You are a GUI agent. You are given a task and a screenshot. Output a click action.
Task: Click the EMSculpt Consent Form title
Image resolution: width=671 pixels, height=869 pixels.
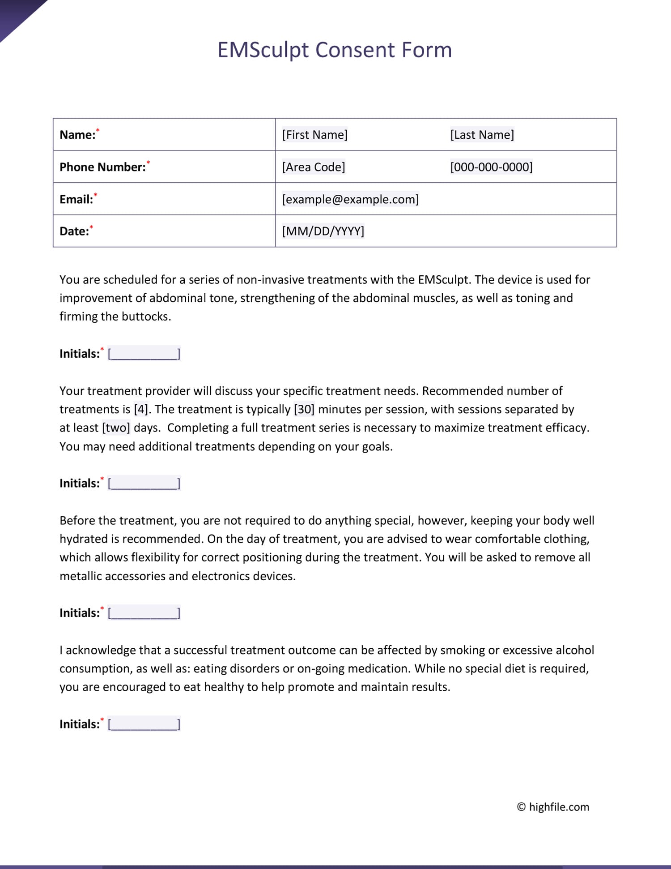pyautogui.click(x=335, y=50)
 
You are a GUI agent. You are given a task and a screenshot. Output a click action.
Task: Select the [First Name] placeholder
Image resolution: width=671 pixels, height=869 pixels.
pyautogui.click(x=314, y=135)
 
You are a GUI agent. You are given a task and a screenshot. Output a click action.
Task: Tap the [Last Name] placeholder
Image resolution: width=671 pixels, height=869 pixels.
pyautogui.click(x=482, y=135)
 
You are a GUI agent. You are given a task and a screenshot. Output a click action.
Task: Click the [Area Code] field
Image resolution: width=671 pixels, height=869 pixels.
pyautogui.click(x=313, y=167)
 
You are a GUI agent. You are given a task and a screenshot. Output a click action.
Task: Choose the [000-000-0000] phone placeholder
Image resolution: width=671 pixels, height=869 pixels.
pyautogui.click(x=491, y=167)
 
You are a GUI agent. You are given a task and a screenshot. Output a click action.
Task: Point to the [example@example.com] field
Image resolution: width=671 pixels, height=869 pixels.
pyautogui.click(x=350, y=199)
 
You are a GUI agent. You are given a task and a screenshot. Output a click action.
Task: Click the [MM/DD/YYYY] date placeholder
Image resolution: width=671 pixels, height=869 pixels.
pyautogui.click(x=323, y=231)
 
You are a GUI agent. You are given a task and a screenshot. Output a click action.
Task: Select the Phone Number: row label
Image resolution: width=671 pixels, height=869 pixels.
pyautogui.click(x=102, y=167)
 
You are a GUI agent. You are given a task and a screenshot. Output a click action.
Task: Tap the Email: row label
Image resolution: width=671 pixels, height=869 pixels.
pyautogui.click(x=76, y=199)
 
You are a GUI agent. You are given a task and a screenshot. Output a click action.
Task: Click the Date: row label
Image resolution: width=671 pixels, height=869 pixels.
pyautogui.click(x=74, y=231)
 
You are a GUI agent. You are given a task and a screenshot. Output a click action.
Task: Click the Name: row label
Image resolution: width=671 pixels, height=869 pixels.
pyautogui.click(x=77, y=135)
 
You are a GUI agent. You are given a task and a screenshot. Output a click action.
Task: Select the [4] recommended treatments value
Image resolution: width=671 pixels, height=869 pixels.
pyautogui.click(x=141, y=409)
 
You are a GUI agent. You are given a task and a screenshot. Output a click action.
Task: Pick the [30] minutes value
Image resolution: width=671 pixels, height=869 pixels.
pyautogui.click(x=304, y=409)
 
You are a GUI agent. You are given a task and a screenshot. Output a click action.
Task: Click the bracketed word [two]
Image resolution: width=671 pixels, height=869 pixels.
pyautogui.click(x=116, y=428)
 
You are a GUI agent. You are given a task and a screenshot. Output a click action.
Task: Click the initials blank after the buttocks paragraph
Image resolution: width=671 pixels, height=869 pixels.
pyautogui.click(x=144, y=354)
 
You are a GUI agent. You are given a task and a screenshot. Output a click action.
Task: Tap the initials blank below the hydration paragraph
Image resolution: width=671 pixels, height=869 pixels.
pyautogui.click(x=144, y=612)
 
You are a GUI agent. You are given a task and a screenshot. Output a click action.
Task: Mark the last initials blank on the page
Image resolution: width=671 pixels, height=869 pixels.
pyautogui.click(x=144, y=724)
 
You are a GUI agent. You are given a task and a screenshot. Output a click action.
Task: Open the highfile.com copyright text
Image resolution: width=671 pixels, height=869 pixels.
pyautogui.click(x=553, y=807)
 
